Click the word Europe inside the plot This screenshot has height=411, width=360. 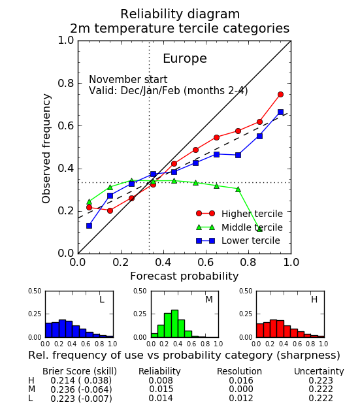(x=185, y=59)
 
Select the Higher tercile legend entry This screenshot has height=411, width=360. (x=239, y=214)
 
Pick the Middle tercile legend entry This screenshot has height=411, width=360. (x=239, y=227)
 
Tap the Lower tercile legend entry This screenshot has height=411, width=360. (x=238, y=240)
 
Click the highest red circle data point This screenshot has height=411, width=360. (x=280, y=94)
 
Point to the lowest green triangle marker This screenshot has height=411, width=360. (x=259, y=229)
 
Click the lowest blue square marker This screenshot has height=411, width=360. (x=89, y=225)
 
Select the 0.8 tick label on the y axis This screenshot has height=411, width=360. (x=66, y=84)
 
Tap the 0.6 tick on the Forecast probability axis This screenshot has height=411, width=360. (x=206, y=262)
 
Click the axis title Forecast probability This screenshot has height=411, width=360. (x=184, y=276)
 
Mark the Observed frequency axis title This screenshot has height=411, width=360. (x=46, y=148)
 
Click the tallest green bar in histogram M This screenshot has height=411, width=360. (x=174, y=323)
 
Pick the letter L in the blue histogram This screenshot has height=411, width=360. (x=102, y=299)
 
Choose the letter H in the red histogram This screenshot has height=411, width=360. (x=314, y=299)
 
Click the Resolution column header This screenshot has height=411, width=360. (x=239, y=371)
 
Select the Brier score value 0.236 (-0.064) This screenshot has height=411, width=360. (x=81, y=389)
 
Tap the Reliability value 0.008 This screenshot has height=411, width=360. (x=161, y=380)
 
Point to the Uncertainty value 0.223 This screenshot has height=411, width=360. (x=321, y=380)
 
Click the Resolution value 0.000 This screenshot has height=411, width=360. (x=241, y=389)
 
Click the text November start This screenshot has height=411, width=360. (x=128, y=80)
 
